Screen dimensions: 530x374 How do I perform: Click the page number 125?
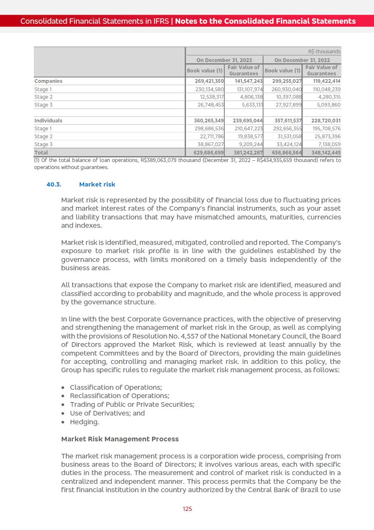click(187, 509)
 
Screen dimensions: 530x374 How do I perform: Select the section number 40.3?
click(54, 184)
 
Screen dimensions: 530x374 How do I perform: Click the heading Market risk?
click(97, 184)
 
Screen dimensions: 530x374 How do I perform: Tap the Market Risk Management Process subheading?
click(120, 439)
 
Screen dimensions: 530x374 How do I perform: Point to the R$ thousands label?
click(324, 52)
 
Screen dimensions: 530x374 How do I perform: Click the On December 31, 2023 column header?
click(224, 60)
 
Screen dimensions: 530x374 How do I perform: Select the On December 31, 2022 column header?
click(302, 60)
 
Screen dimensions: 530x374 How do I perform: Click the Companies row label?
click(48, 81)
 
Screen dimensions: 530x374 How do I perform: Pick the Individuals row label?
click(48, 120)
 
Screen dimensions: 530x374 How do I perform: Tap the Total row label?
click(41, 153)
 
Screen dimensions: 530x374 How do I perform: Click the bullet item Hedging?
click(85, 422)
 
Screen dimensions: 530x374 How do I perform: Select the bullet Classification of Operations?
click(116, 387)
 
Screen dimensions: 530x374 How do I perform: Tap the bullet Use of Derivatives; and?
click(108, 413)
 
